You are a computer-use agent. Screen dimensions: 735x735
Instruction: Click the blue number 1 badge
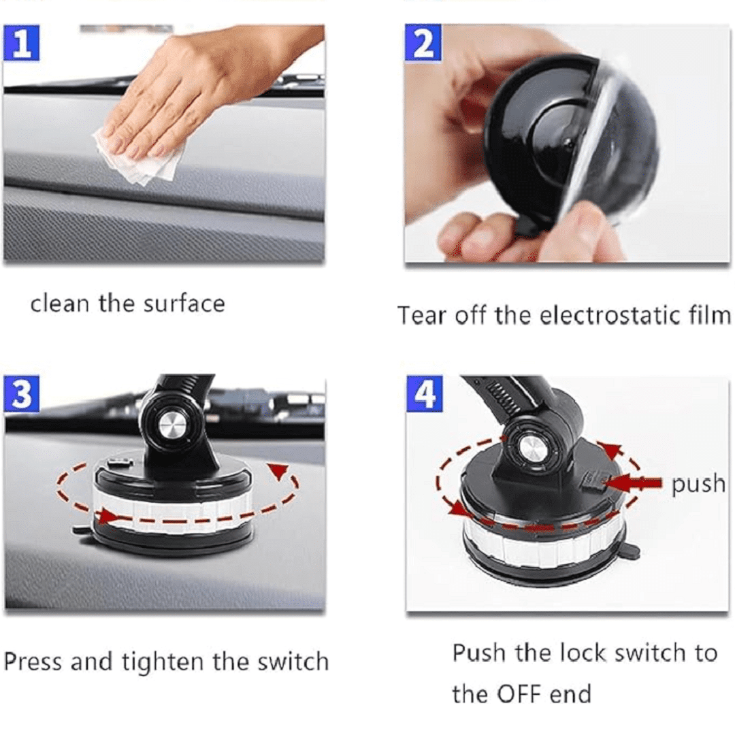point(21,43)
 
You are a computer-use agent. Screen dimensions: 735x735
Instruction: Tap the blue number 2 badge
point(423,43)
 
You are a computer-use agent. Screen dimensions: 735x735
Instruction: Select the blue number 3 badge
point(22,394)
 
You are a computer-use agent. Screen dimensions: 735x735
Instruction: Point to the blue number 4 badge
point(424,394)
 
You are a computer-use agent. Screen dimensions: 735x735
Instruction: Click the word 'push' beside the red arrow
point(698,485)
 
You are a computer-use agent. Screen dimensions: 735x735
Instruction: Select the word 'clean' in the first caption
point(59,304)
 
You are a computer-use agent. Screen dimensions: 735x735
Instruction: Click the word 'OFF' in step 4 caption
point(520,694)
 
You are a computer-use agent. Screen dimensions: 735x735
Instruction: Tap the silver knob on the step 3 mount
point(172,426)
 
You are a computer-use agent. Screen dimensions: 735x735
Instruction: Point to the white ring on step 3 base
point(174,516)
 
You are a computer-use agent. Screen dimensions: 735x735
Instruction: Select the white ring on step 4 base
point(544,544)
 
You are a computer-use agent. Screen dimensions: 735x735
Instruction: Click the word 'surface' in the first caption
point(184,304)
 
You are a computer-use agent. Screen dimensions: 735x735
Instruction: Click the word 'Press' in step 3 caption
point(33,662)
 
